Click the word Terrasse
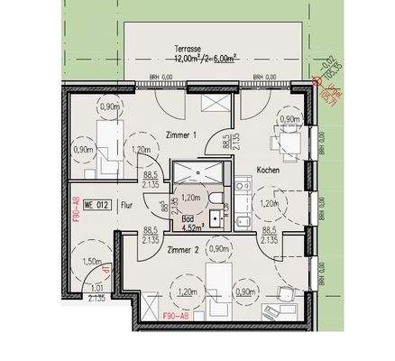(x=187, y=49)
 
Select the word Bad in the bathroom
(x=187, y=218)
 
